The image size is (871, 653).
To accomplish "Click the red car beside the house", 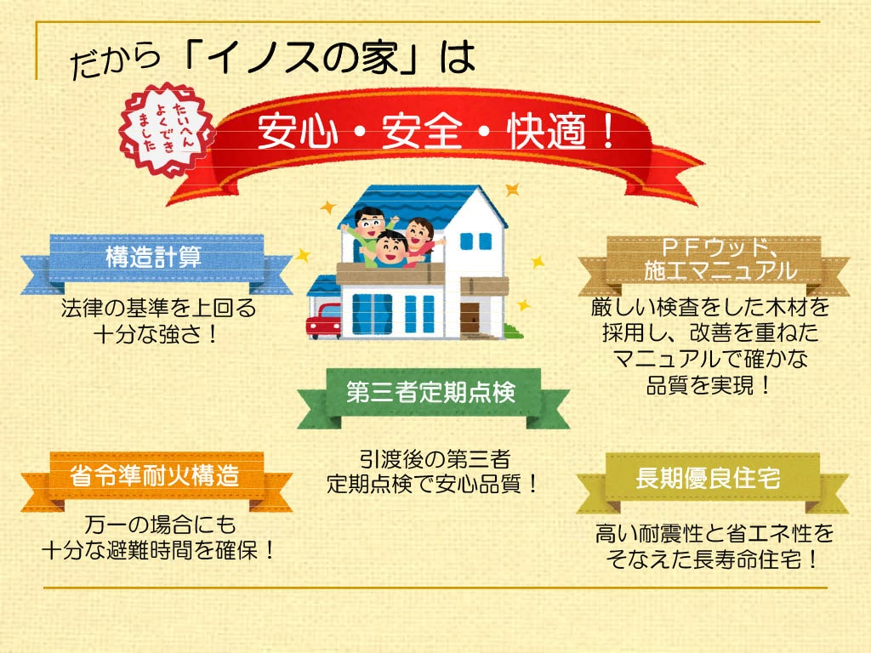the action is [323, 321].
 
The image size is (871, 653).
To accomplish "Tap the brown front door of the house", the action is [470, 318].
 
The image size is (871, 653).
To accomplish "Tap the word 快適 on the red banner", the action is [547, 132].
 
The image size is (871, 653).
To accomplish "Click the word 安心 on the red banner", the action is [298, 131].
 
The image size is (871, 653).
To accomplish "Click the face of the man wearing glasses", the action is [369, 224].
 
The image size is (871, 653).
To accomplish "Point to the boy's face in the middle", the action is [390, 248].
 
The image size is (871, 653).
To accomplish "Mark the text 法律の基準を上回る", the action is [158, 308].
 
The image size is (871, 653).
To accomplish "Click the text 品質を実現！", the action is [709, 384].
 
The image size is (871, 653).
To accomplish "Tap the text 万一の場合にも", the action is [160, 524].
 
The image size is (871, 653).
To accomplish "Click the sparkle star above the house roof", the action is [512, 190].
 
